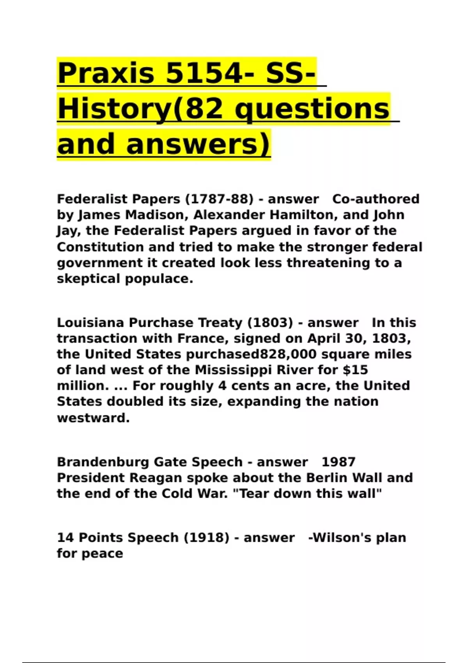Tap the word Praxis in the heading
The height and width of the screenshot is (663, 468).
click(106, 73)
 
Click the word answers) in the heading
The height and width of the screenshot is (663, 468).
click(198, 144)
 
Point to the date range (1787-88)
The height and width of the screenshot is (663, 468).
click(219, 199)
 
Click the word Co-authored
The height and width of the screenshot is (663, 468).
click(376, 199)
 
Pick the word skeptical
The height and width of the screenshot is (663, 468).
click(89, 279)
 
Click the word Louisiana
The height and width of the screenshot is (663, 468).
click(91, 323)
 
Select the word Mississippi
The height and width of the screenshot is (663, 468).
click(233, 370)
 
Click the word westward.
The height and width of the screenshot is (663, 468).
click(93, 418)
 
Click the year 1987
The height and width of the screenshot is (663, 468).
click(339, 462)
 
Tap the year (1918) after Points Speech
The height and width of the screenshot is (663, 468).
click(206, 538)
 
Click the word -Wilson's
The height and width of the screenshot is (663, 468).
click(340, 538)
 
